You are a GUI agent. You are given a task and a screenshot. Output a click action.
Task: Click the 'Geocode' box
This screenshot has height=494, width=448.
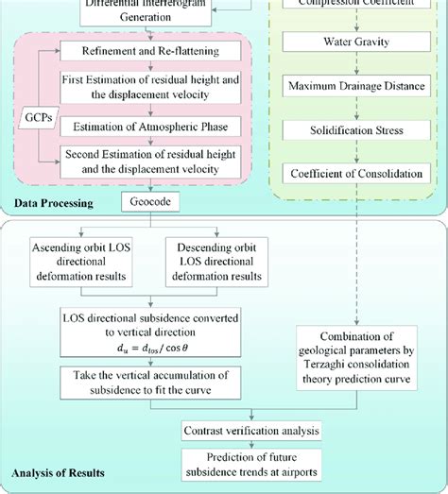145,201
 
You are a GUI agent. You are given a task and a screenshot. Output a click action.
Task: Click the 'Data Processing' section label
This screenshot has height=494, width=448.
52,202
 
